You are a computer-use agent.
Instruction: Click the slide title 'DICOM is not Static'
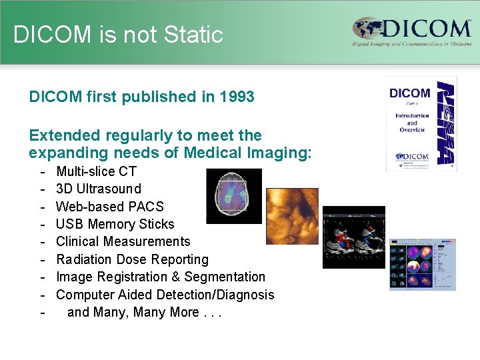[118, 35]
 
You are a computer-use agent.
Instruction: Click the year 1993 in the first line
[237, 97]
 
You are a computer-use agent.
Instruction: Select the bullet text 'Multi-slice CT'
[96, 171]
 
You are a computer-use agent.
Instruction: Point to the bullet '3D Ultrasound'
[98, 189]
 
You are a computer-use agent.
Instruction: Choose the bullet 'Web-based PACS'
[109, 207]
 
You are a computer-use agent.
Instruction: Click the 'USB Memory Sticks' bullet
[115, 224]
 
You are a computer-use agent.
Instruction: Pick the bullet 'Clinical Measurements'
[123, 241]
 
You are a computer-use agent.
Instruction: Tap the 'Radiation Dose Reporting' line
[132, 259]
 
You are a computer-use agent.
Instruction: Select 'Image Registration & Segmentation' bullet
[160, 277]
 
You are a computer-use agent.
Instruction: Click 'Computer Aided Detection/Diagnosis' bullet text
[165, 295]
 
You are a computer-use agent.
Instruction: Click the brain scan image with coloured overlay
[234, 196]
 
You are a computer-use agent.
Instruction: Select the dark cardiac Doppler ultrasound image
[353, 237]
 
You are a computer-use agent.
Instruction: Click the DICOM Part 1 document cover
[421, 123]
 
